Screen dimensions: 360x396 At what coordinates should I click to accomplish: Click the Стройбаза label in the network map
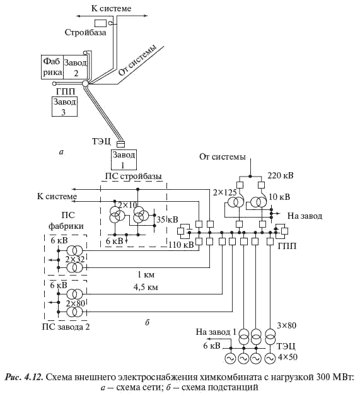tap(85, 32)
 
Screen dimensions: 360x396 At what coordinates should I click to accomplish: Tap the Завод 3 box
tap(65, 107)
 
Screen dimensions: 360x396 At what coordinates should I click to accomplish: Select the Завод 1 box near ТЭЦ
tap(124, 160)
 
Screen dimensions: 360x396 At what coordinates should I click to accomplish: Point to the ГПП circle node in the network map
tap(85, 83)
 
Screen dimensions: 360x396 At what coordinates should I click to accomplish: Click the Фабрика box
tap(52, 67)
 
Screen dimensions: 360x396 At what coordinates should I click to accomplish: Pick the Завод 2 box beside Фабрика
tap(76, 67)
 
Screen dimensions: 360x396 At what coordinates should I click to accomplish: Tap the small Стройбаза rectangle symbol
tap(100, 23)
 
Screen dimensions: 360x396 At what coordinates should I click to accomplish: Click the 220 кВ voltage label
tap(281, 175)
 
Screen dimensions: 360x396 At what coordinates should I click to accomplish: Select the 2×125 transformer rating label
tap(224, 192)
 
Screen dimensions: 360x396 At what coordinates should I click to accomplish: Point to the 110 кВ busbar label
tap(181, 245)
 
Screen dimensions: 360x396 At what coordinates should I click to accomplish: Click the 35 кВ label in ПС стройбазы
tap(167, 219)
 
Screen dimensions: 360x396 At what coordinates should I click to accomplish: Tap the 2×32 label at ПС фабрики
tap(75, 259)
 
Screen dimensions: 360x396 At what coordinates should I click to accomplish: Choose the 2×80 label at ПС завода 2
tap(75, 303)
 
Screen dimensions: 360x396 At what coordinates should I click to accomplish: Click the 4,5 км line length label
tap(146, 287)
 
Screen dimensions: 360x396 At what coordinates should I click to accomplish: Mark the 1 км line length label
tap(146, 274)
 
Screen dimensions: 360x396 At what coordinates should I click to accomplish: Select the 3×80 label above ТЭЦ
tap(286, 325)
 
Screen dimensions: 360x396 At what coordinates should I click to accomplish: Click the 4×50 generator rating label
tap(287, 357)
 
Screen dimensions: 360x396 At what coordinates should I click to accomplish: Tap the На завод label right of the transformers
tap(305, 216)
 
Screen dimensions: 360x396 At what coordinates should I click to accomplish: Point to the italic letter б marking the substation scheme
tap(148, 322)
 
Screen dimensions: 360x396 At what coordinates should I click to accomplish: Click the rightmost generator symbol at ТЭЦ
tap(270, 359)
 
